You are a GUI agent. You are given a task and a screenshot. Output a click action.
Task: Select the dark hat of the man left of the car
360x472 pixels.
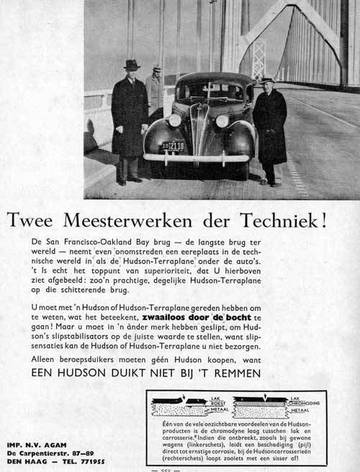coord(131,65)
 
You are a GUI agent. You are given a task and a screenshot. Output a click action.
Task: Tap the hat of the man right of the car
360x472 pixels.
coord(268,80)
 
